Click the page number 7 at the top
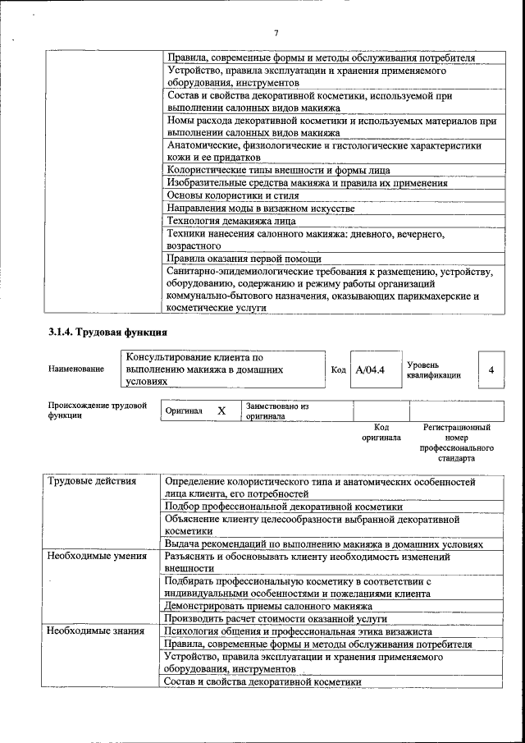coord(276,32)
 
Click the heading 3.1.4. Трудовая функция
coord(107,333)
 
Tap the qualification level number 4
coord(491,369)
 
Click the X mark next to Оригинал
coord(221,410)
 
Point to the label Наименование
coord(76,369)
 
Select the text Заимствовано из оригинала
coord(277,410)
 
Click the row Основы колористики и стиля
coord(232,196)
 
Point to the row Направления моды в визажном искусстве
coord(260,209)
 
